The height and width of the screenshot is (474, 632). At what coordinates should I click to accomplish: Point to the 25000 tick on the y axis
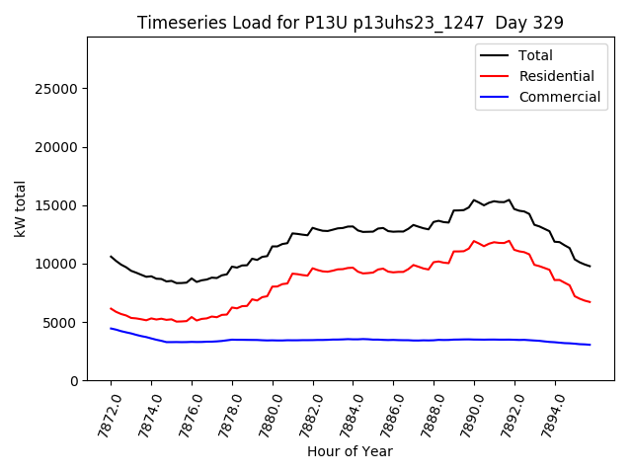click(x=57, y=89)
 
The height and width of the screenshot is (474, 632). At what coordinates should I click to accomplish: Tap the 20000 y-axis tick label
click(x=57, y=147)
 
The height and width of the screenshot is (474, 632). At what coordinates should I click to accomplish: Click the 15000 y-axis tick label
click(x=57, y=205)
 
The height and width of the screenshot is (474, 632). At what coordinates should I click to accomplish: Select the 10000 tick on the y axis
click(x=57, y=264)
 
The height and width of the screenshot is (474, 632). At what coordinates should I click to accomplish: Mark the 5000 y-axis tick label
click(x=61, y=322)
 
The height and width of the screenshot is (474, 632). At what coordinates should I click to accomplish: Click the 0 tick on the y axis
click(x=74, y=380)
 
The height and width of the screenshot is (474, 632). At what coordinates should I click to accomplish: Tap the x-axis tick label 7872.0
click(x=102, y=411)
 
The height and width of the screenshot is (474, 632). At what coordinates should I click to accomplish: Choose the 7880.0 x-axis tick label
click(x=263, y=411)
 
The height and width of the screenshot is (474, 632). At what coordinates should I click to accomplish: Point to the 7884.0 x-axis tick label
click(x=344, y=411)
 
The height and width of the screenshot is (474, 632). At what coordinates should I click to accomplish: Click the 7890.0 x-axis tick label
click(x=465, y=411)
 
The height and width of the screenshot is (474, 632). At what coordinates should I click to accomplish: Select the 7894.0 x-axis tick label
click(x=546, y=411)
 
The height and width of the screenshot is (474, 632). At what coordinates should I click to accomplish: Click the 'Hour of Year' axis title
click(x=350, y=451)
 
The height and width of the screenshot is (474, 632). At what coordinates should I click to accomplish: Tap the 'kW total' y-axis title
click(x=20, y=208)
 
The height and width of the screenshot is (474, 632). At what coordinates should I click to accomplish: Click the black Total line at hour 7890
click(x=474, y=200)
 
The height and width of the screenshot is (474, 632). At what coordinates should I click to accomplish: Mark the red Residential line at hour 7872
click(x=111, y=308)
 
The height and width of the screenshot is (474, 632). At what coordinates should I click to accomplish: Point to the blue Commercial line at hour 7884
click(x=353, y=339)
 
